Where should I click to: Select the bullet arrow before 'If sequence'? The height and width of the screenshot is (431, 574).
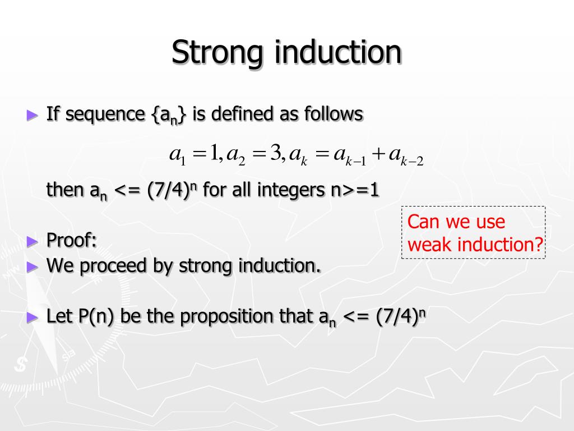[33, 115]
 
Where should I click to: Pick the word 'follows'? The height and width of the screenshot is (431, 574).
[334, 114]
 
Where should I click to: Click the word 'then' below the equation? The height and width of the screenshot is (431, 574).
[65, 190]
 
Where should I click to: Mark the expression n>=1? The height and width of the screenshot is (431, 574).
[353, 190]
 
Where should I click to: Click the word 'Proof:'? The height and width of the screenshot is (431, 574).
[72, 240]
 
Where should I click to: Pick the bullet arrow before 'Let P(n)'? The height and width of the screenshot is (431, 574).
[33, 317]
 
